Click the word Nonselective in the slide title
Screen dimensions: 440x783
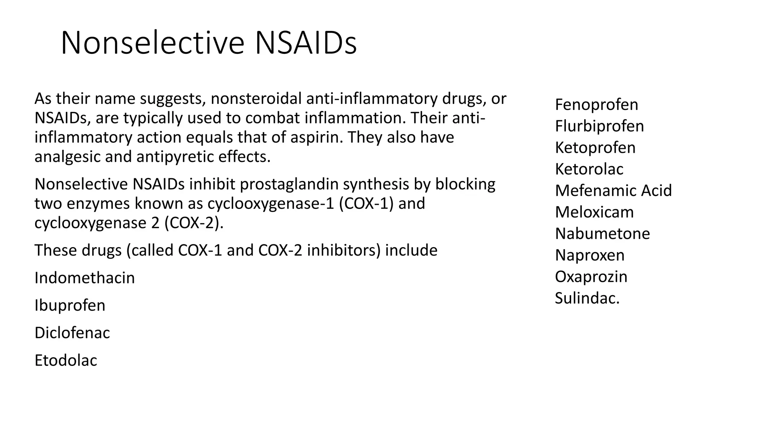click(152, 43)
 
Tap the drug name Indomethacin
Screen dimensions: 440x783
click(84, 278)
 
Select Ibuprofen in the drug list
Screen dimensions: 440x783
click(70, 306)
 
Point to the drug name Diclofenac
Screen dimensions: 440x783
click(72, 333)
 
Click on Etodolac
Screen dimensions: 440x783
click(66, 361)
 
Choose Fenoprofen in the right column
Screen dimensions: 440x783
click(596, 105)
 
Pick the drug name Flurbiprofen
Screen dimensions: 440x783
click(599, 126)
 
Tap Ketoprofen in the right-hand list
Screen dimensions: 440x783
click(595, 148)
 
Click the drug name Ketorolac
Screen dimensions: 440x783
click(589, 169)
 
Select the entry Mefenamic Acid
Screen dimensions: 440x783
click(613, 191)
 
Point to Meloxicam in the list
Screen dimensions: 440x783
click(594, 212)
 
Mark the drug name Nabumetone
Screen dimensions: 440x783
click(602, 234)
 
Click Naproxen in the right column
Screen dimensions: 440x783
click(590, 255)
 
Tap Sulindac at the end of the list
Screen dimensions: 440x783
click(587, 298)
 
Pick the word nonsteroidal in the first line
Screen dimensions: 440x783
click(256, 99)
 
